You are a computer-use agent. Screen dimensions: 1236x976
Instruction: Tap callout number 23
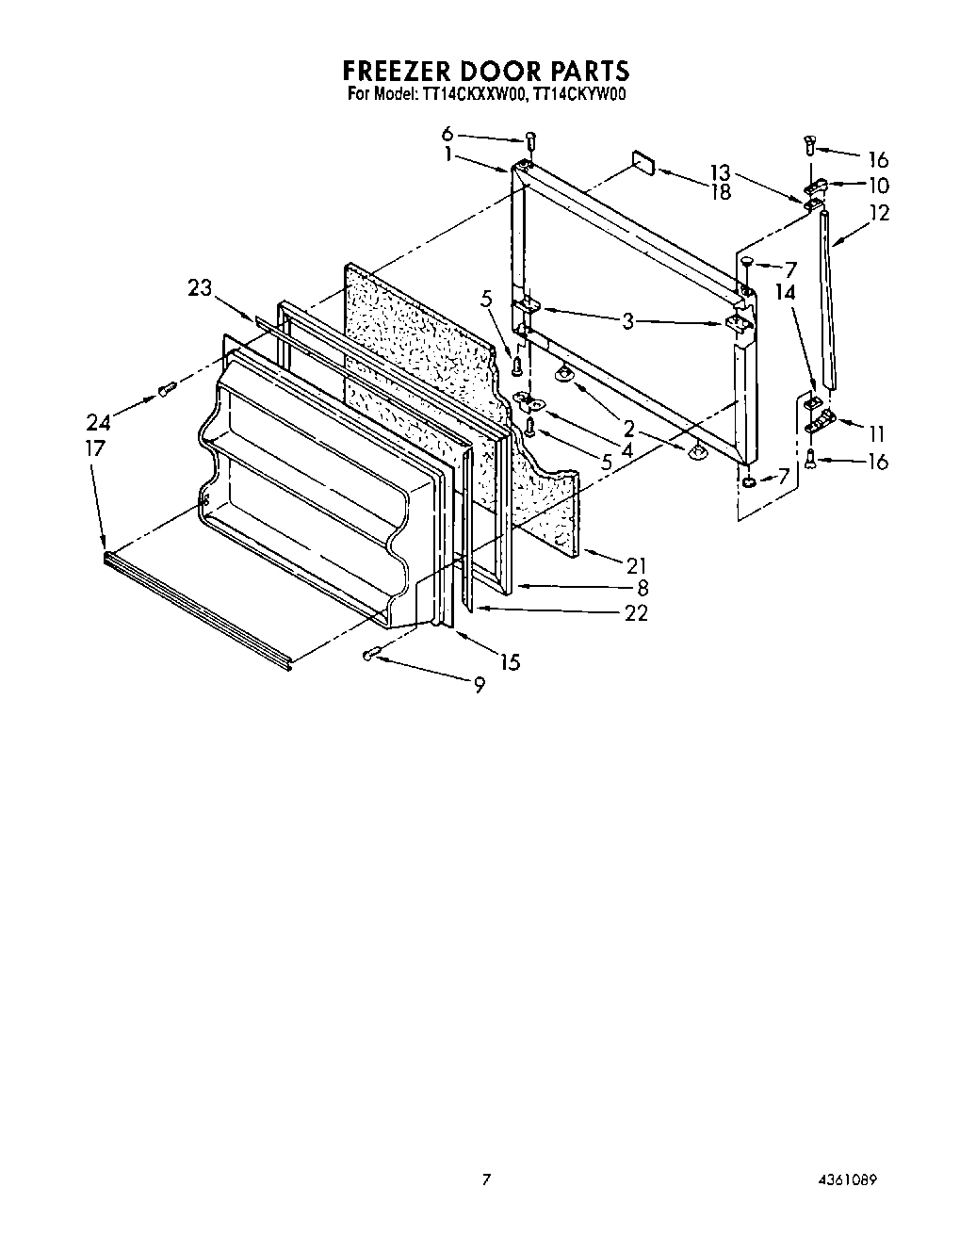pyautogui.click(x=200, y=289)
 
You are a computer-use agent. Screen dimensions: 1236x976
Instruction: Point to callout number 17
pyautogui.click(x=94, y=448)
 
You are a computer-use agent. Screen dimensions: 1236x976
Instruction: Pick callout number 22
pyautogui.click(x=637, y=612)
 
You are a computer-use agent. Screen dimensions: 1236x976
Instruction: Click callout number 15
pyautogui.click(x=510, y=662)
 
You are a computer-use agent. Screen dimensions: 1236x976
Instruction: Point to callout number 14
pyautogui.click(x=786, y=292)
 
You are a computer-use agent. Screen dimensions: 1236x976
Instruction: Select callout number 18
pyautogui.click(x=721, y=192)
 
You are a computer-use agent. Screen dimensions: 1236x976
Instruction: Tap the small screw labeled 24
pyautogui.click(x=167, y=388)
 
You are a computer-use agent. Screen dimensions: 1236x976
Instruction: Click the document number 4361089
pyautogui.click(x=854, y=1179)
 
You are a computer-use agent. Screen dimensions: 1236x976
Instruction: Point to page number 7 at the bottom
pyautogui.click(x=486, y=1179)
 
